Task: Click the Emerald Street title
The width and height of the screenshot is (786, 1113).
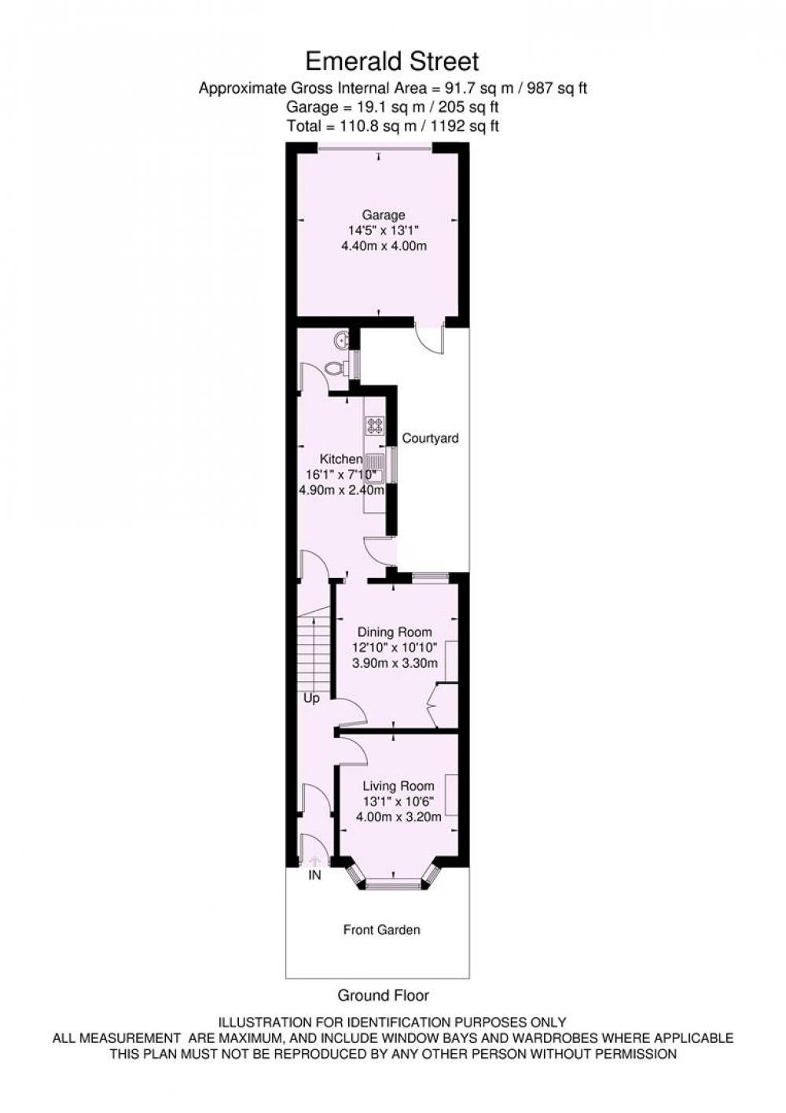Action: coord(392,61)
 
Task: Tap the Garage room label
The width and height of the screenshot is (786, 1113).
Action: coord(384,216)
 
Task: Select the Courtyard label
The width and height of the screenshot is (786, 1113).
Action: coord(431,438)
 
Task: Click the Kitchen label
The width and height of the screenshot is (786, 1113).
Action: coord(340,459)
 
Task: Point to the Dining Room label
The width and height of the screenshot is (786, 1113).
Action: coord(395,632)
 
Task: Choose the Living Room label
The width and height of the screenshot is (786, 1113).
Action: coord(399,786)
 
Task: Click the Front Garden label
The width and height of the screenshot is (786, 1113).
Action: coord(382,930)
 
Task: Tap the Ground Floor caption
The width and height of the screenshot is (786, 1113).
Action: coord(384,995)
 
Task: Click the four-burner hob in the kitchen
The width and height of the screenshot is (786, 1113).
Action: coord(374,426)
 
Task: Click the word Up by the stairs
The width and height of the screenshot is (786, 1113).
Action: coord(311,698)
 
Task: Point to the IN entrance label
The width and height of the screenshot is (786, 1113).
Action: coord(315,875)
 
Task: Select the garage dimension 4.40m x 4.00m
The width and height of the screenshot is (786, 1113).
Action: coord(384,245)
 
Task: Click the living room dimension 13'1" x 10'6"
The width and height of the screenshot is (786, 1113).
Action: coord(399,801)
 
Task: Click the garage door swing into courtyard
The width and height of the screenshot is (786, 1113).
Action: coord(429,341)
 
